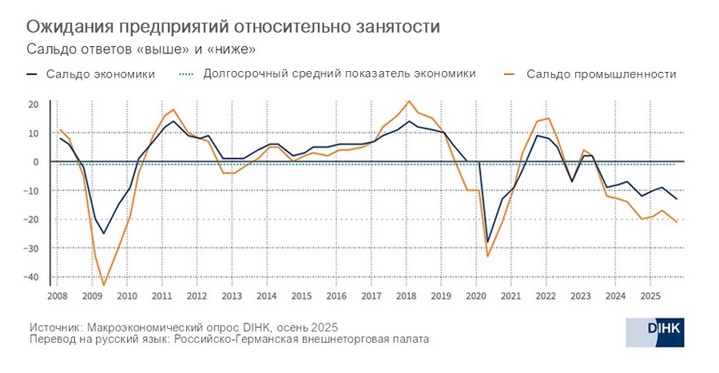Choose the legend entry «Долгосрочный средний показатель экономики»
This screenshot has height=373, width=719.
pos(340,73)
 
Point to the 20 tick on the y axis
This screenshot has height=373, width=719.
pos(34,105)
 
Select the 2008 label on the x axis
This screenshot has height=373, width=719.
pos(58,296)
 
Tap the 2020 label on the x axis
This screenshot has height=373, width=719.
pos(475,296)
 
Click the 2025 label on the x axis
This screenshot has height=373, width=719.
pos(649,296)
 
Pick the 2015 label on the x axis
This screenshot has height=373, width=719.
pos(301,296)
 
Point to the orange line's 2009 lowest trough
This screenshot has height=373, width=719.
pos(104,285)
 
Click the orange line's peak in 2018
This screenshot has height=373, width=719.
pos(409,101)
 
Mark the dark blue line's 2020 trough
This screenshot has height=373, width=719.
pos(487,242)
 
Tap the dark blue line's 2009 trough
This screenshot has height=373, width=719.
pos(103,233)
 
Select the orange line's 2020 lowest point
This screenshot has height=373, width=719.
pos(487,256)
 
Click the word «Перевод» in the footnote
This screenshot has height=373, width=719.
pos(53,339)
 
